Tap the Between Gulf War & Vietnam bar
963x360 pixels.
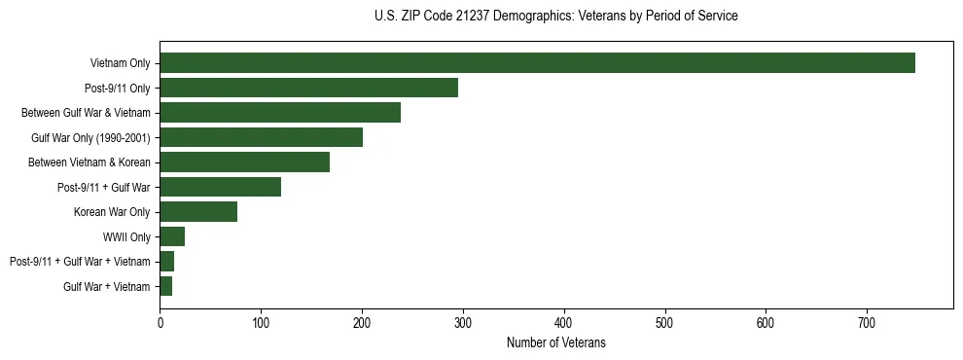coord(280,113)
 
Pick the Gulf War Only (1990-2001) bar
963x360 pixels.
coord(261,137)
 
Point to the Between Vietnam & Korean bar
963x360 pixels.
coord(244,162)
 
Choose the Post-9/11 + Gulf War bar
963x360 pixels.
coord(220,187)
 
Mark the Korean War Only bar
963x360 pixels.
coord(198,212)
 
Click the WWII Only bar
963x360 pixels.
coord(172,236)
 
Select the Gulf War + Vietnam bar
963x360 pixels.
coord(165,286)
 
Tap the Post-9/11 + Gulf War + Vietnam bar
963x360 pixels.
coord(166,262)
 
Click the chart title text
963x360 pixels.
coord(555,17)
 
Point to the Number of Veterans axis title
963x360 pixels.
coord(555,342)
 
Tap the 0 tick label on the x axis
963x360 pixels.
coord(160,322)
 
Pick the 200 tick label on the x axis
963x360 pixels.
coord(362,322)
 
